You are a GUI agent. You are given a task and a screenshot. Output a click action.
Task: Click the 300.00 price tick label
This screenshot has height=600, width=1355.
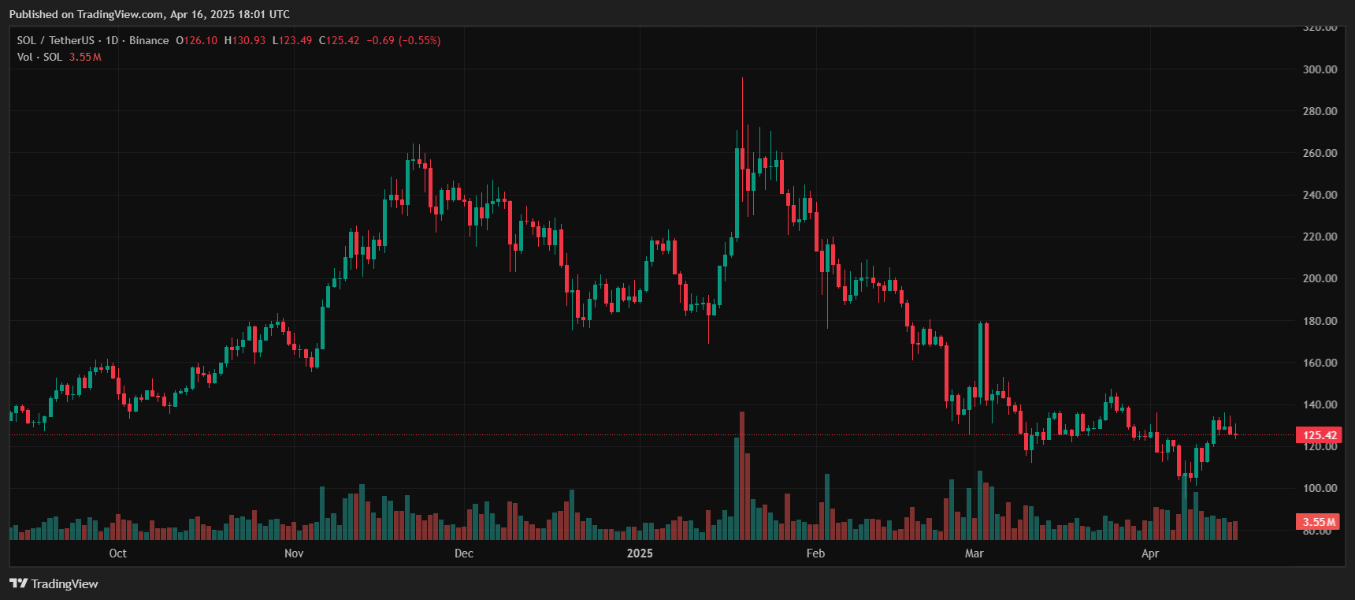[1320, 69]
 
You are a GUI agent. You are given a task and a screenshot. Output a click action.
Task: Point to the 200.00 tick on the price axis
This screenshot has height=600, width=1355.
[1320, 278]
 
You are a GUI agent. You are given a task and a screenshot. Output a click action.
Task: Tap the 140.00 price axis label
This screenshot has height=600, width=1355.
[1320, 404]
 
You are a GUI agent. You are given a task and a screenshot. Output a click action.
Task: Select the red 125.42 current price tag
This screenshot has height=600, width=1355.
[1320, 435]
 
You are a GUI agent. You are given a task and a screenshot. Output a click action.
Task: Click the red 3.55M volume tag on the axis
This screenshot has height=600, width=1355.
[1319, 522]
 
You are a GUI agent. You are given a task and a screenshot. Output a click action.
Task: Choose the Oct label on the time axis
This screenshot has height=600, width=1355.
[117, 553]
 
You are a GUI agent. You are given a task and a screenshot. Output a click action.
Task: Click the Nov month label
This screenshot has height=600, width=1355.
[294, 553]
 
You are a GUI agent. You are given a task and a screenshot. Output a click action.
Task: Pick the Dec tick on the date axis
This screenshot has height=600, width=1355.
[464, 553]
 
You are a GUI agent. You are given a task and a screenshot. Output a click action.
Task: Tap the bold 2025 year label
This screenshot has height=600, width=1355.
[640, 553]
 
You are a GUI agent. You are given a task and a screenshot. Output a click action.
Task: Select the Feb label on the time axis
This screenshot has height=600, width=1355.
[815, 553]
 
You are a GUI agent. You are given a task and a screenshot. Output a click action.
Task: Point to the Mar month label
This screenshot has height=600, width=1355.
[974, 553]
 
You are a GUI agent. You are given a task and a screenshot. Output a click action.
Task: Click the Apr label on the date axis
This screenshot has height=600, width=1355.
[1150, 553]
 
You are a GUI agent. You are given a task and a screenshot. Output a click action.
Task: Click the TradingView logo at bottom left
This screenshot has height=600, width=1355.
[54, 583]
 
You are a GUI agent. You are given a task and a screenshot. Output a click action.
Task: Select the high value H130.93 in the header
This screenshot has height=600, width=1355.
[245, 40]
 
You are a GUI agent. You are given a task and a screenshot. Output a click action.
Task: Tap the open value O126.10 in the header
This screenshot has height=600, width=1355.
[196, 40]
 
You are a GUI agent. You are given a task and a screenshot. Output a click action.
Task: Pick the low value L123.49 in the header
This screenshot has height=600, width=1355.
[292, 40]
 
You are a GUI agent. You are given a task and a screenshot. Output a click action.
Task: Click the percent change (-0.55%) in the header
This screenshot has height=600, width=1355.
[419, 40]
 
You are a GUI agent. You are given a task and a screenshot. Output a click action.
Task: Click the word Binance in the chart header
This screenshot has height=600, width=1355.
[149, 40]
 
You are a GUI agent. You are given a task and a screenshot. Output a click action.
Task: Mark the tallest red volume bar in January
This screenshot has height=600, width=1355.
[742, 475]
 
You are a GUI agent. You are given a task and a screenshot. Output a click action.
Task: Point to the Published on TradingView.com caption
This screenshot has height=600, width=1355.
[150, 14]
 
